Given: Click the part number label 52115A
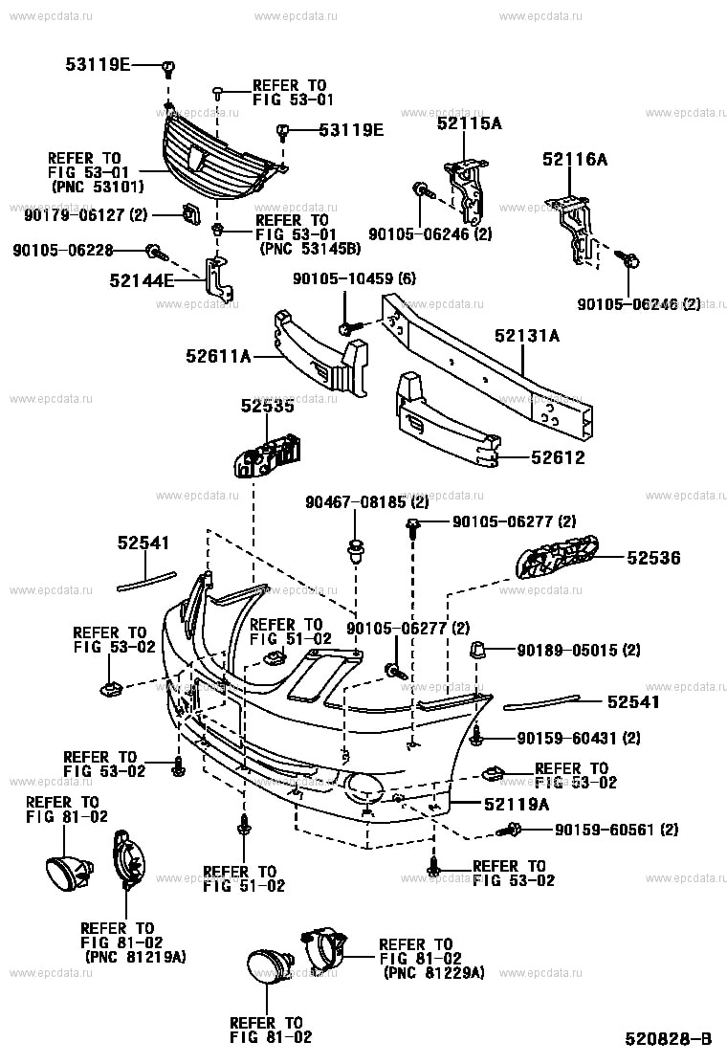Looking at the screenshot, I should coord(469,123).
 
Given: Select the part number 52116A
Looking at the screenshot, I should coord(574,160).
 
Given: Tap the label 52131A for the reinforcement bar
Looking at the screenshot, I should coord(526,336).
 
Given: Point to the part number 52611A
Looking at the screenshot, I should coord(218,357).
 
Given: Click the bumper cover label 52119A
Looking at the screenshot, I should coord(517,805).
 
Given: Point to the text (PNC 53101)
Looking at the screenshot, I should coord(96,187).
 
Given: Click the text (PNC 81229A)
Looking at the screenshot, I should coord(433,972).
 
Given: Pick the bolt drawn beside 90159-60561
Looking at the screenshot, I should coord(513,829).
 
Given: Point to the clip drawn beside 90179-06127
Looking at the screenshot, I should coord(189,215).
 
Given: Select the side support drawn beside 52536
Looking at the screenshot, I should coord(556,559).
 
